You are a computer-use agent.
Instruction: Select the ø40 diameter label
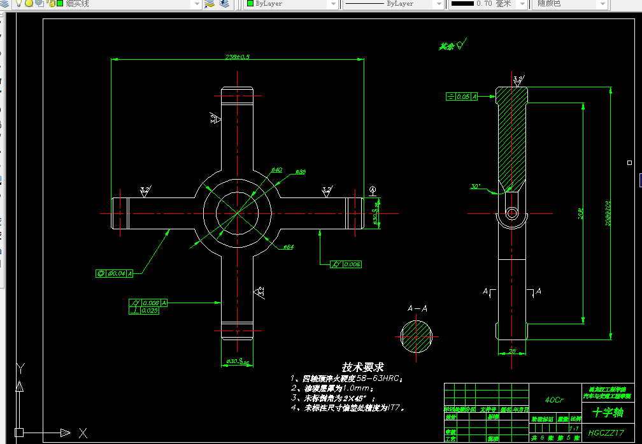277,169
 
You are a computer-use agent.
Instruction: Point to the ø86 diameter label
301,171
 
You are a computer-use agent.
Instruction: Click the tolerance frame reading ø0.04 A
115,273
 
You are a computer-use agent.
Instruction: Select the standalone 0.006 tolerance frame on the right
346,264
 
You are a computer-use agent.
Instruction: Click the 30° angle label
476,187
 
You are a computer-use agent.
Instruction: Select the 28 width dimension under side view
512,350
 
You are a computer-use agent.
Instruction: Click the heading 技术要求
363,367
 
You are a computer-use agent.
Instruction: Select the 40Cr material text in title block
554,400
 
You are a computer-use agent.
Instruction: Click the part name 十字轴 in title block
608,412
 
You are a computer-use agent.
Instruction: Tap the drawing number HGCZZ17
607,433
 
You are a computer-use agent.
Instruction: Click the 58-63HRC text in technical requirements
378,378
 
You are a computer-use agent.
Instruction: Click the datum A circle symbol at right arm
373,190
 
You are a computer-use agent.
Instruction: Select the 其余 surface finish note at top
446,47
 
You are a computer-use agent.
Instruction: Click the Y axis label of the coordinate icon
20,367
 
